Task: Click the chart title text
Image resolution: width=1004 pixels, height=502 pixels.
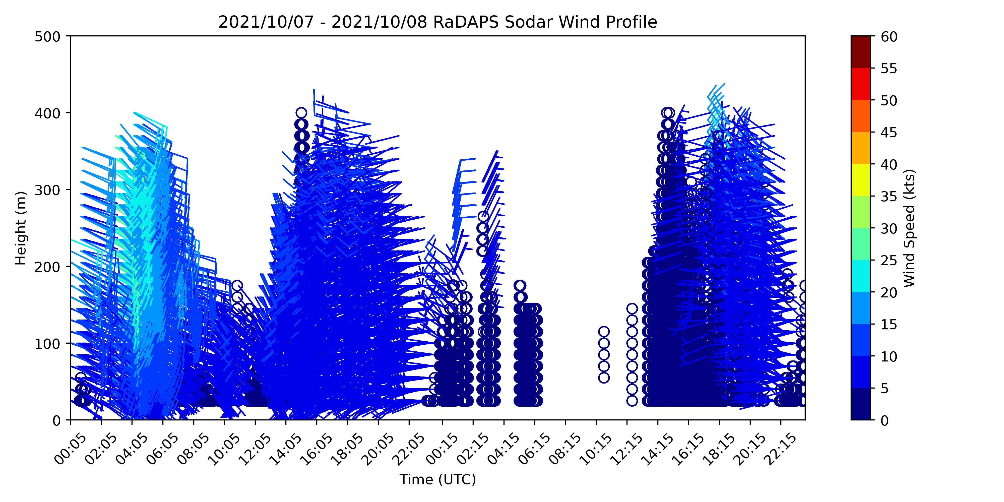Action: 438,22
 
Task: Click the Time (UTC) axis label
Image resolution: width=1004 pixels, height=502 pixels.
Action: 438,479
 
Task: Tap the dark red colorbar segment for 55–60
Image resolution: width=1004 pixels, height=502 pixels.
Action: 861,52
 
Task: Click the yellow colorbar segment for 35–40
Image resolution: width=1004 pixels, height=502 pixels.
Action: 861,180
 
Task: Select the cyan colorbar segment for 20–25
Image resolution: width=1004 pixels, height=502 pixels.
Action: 861,276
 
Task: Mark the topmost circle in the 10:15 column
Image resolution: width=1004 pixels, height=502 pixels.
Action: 604,332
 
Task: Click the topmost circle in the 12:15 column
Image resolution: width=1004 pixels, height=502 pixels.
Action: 632,309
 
